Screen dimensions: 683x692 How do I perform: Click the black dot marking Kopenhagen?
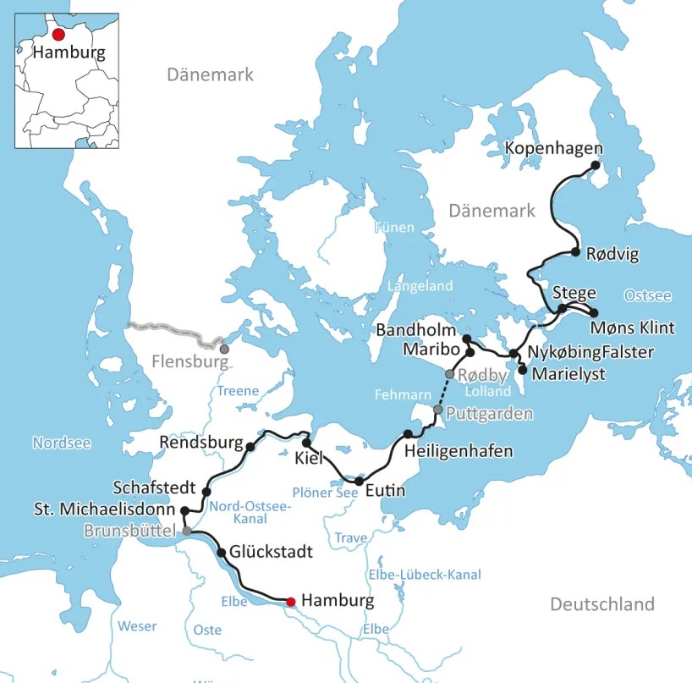click(x=596, y=166)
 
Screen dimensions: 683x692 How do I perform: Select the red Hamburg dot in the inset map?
click(x=58, y=35)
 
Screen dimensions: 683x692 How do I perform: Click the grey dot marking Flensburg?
click(x=223, y=349)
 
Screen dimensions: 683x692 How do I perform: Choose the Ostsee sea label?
click(x=647, y=295)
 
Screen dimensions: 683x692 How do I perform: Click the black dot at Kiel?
click(x=306, y=443)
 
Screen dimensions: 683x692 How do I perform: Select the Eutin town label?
click(x=385, y=491)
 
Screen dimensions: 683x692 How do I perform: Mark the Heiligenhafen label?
click(x=459, y=451)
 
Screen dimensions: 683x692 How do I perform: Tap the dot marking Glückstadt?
click(x=222, y=553)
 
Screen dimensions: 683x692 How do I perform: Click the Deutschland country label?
click(x=602, y=604)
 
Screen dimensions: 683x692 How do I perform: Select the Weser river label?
click(x=137, y=626)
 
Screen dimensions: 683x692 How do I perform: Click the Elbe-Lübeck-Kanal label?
click(x=425, y=575)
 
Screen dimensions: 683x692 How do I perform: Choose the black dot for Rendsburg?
click(x=250, y=447)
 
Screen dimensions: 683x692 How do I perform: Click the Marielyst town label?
click(x=567, y=373)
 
